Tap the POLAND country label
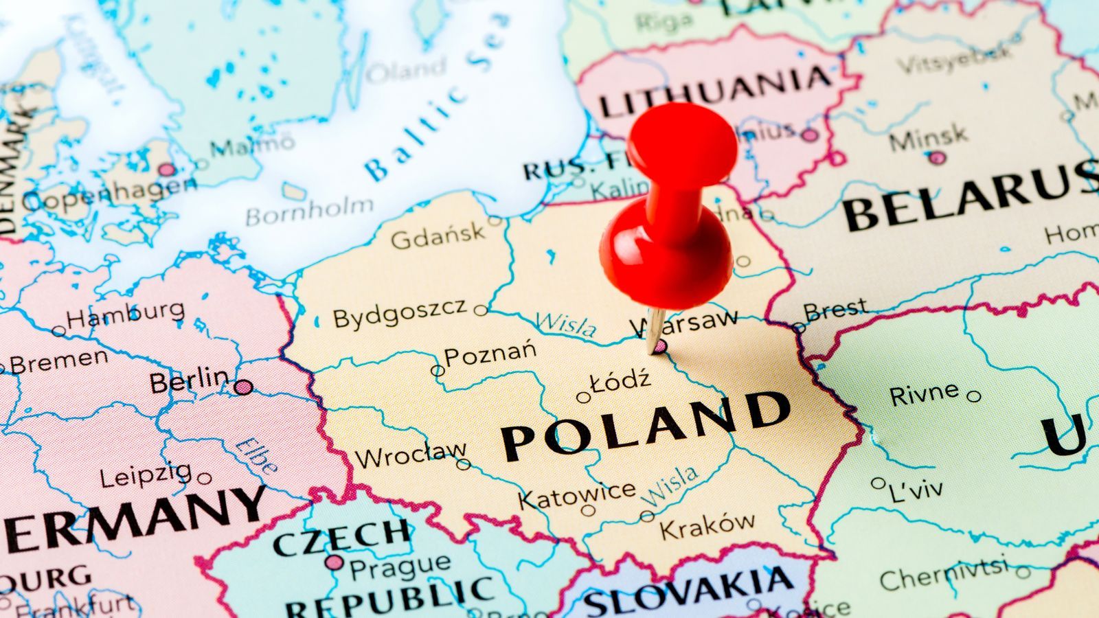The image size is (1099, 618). coord(646,424)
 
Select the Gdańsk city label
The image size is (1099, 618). coord(438,236)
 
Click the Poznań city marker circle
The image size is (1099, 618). coord(437,371)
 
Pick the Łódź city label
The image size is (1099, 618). coord(620,381)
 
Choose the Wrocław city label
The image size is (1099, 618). coord(410,455)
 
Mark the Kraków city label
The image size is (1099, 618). coord(707,526)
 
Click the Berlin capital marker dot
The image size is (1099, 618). coord(242,387)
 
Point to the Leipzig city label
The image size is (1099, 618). coord(146,474)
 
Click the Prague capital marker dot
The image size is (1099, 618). coord(335,563)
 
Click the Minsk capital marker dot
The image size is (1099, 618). coord(938,159)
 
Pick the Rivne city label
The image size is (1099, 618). coord(924,394)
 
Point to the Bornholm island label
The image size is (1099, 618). coord(310,212)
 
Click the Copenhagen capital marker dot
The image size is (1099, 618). coord(167,170)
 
